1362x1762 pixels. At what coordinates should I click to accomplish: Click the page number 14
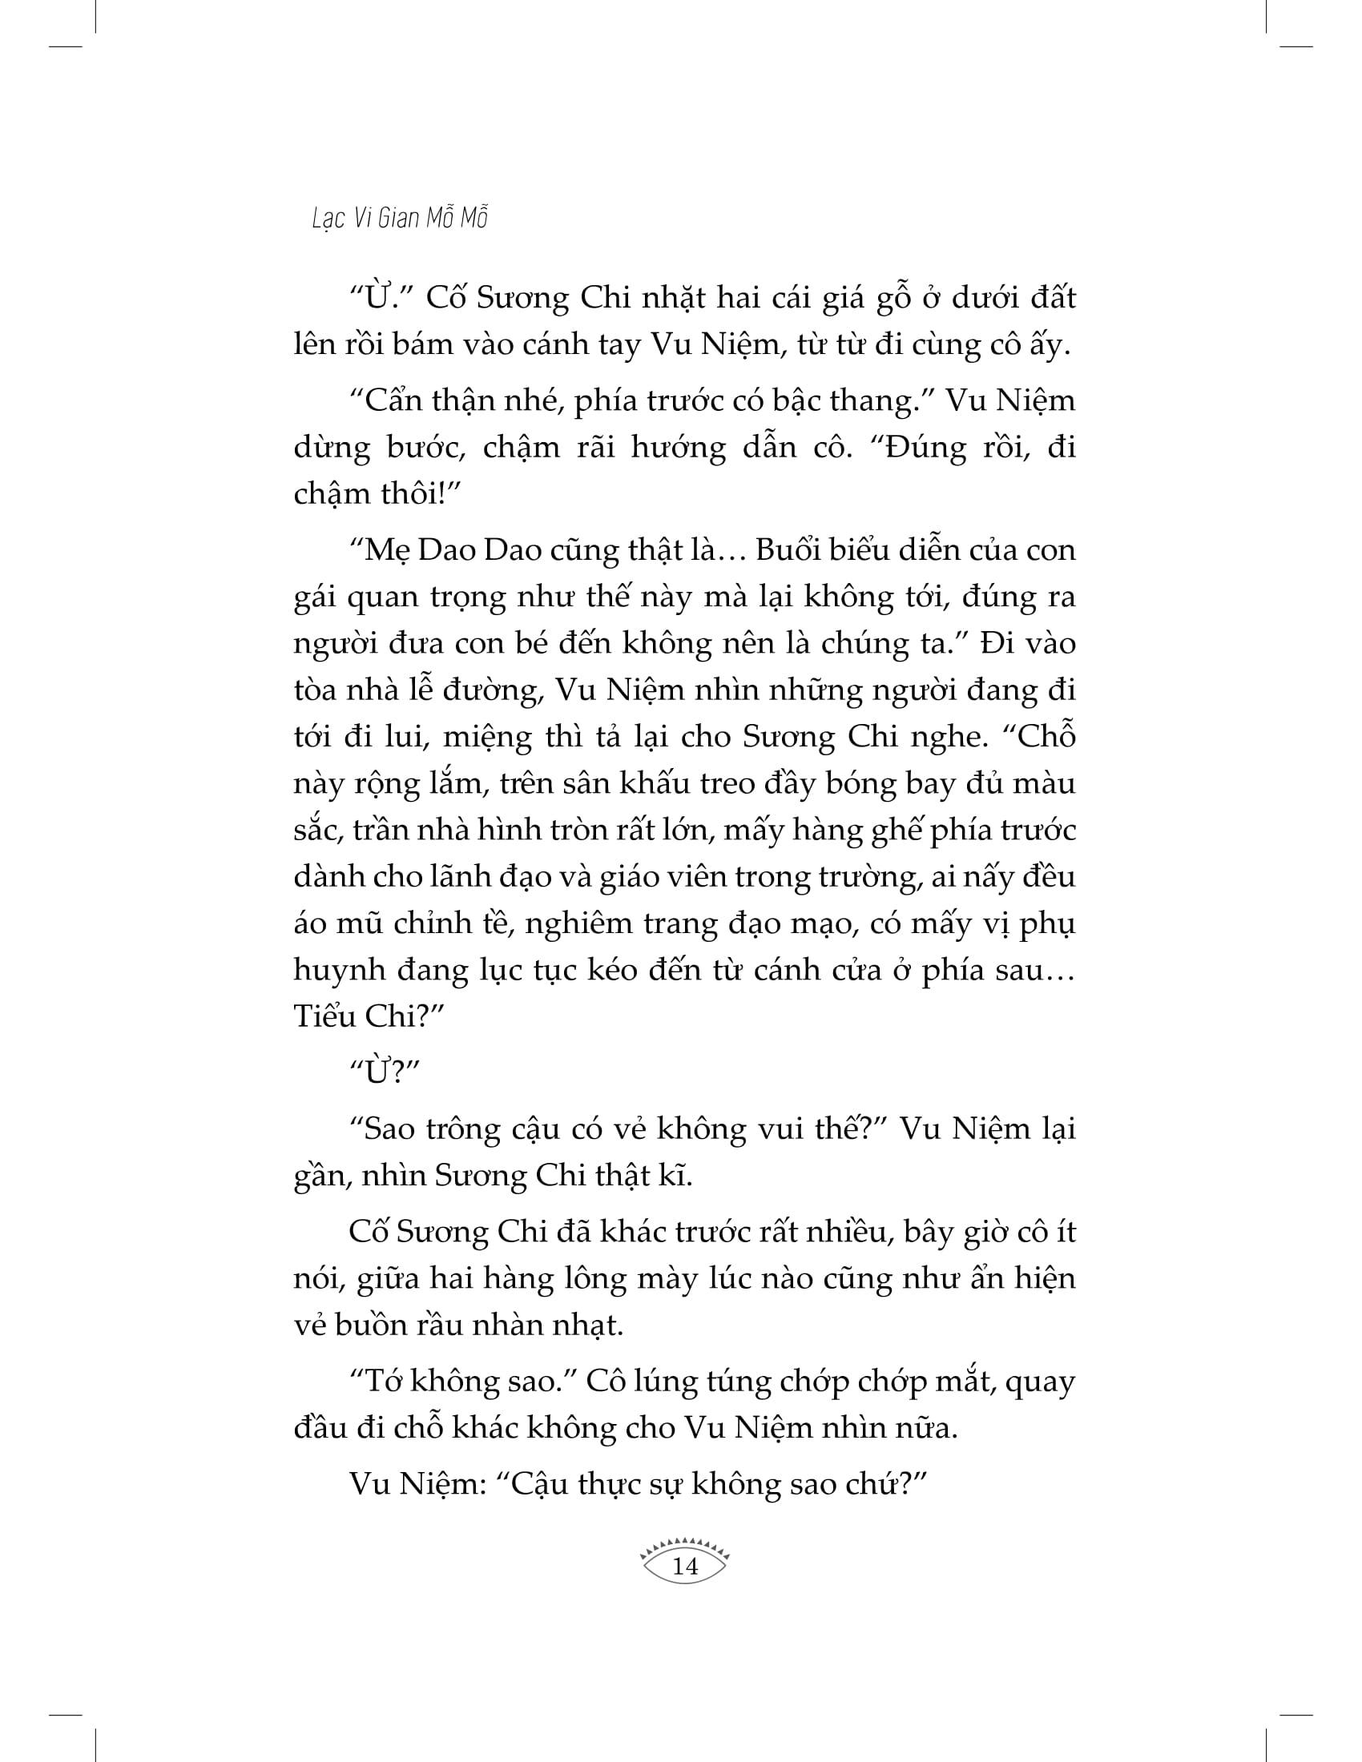coord(684,1567)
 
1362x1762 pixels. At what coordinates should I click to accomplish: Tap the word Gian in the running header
coord(398,219)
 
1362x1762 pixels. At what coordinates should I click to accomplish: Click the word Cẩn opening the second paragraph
coord(393,401)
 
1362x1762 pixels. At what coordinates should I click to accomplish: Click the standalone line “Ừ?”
coord(386,1073)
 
